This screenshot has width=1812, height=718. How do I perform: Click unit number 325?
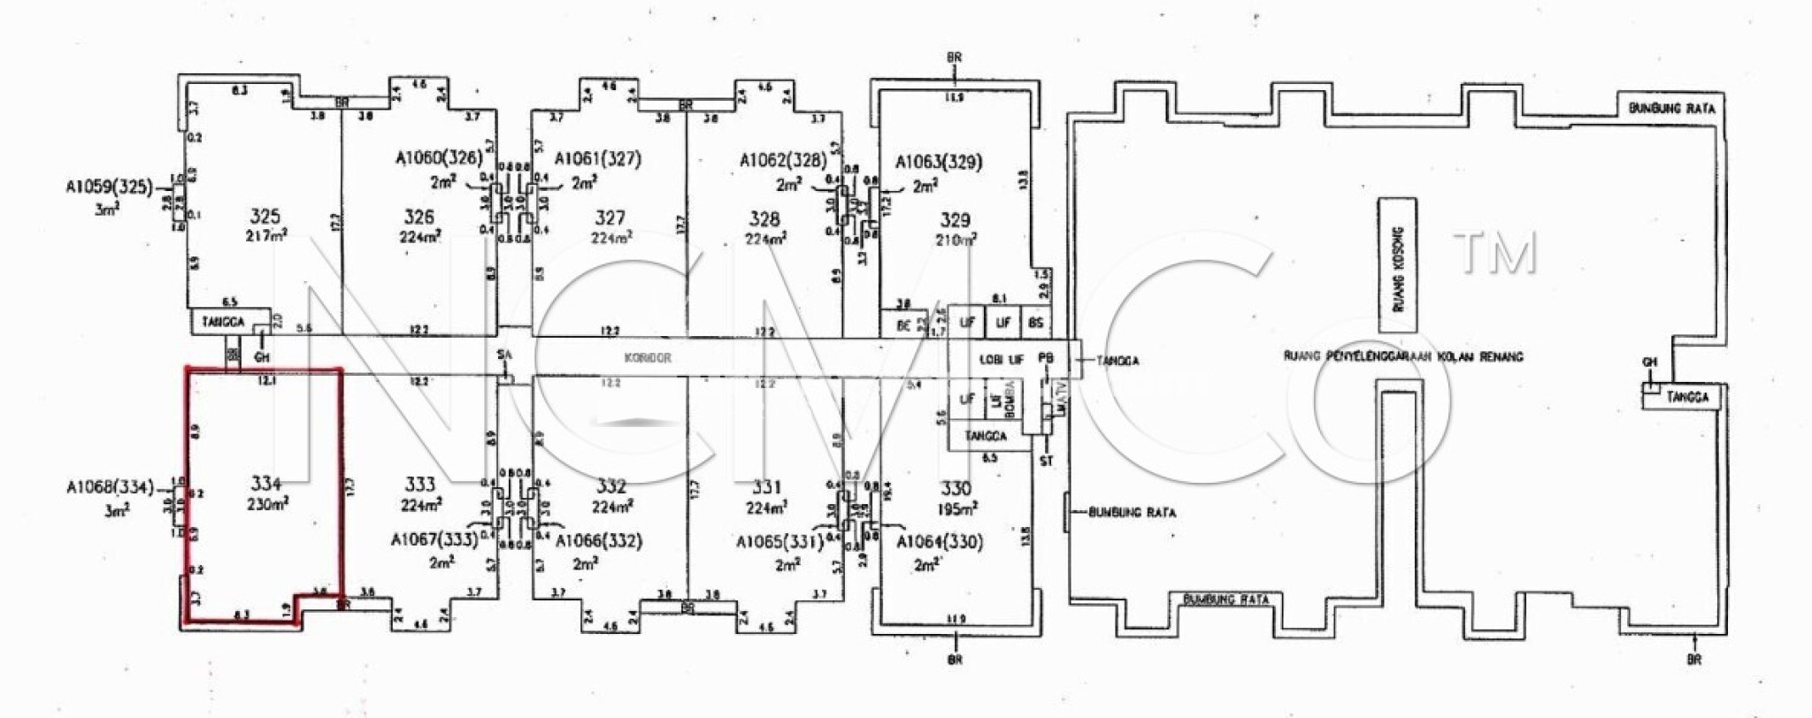coord(265,216)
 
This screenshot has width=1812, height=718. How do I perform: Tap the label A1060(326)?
coord(439,158)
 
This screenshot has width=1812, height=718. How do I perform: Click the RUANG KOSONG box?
coord(1397,265)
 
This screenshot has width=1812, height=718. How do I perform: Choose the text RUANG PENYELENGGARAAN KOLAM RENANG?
coord(1403,356)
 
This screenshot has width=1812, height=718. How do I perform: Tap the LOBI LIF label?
coord(1002,359)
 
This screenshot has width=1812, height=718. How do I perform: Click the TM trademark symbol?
coord(1494,252)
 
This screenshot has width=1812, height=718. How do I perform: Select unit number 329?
coord(955,220)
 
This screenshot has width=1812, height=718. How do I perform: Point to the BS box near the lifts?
coord(1035,324)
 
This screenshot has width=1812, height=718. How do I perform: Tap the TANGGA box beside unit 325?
coord(223,322)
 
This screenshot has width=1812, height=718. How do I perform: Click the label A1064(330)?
coord(941,542)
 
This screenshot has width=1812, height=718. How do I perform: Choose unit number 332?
coord(610,486)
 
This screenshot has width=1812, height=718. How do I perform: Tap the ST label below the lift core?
coord(1047,461)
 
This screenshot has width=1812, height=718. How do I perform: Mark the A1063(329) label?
coord(938,162)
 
